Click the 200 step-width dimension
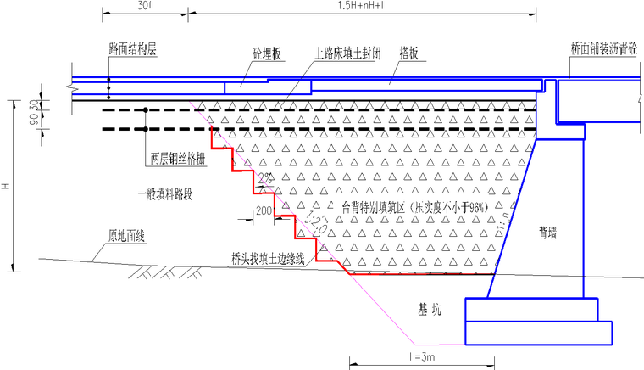coord(264,209)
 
